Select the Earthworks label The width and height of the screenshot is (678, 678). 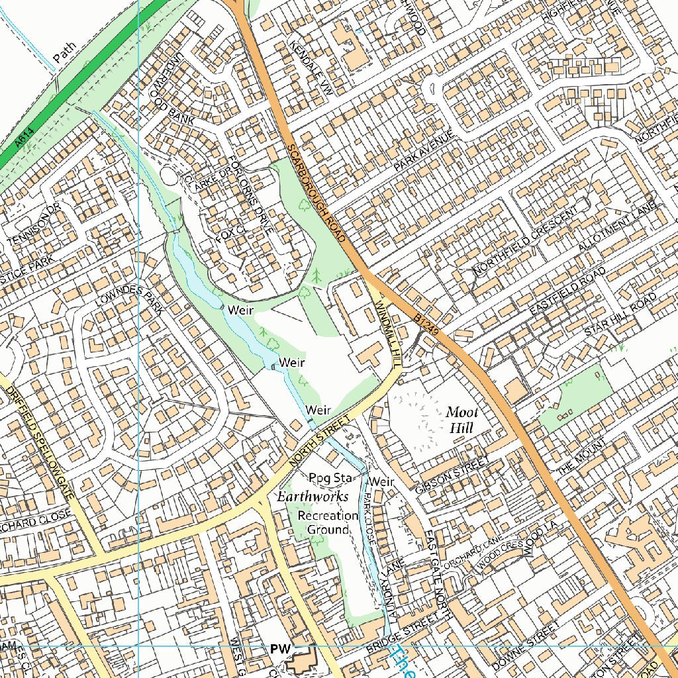[313, 497]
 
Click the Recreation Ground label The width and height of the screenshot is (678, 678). [327, 522]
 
